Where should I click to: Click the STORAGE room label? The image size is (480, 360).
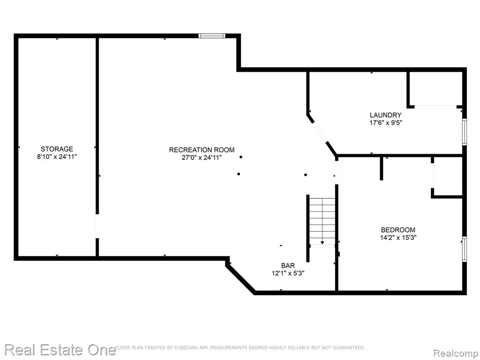point(57,149)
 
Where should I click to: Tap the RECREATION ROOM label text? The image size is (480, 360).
point(202,150)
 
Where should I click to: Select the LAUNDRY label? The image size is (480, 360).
point(385,115)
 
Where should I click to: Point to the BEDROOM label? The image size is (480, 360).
point(398,230)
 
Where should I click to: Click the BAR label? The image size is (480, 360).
point(288,266)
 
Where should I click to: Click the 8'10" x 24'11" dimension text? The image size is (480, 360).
point(57,157)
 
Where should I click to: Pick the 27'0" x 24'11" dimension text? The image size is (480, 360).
point(202,157)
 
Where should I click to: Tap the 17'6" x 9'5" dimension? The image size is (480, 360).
point(385,123)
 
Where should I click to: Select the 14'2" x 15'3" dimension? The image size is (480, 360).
point(398,238)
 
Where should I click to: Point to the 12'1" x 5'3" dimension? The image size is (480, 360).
point(288,273)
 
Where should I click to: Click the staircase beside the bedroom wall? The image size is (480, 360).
point(322,222)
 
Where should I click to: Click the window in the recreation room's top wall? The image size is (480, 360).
point(212,36)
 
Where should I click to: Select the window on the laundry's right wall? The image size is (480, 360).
point(465,132)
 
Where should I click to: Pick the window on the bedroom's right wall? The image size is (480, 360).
point(465,249)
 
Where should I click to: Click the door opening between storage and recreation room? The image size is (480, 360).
point(97,226)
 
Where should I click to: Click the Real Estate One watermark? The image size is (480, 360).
point(60,350)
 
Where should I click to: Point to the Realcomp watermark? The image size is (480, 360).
point(456,353)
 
